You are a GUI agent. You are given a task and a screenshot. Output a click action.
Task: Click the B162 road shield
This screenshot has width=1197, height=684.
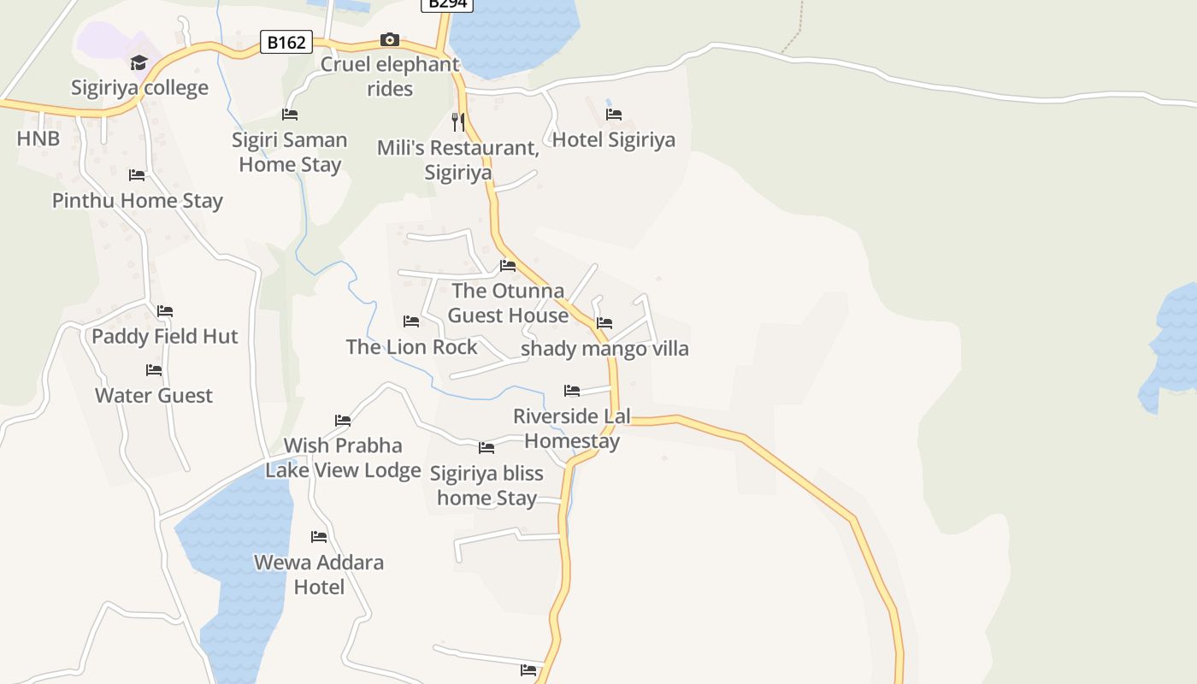tap(286, 42)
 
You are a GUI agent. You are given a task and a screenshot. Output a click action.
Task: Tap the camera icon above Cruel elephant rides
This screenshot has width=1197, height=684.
tap(390, 39)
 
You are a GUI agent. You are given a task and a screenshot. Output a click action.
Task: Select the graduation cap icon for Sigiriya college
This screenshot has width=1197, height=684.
tap(139, 62)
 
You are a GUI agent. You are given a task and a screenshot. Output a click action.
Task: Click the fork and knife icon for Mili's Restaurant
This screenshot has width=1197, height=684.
tap(458, 122)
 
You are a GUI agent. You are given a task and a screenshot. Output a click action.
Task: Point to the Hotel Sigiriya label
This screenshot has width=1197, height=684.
tap(614, 139)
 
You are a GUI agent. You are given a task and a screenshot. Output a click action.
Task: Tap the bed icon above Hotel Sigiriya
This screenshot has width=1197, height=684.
tap(614, 114)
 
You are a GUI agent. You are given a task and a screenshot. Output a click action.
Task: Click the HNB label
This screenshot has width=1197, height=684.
tap(38, 138)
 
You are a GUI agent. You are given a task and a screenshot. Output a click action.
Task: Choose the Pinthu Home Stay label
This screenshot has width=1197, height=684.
tap(138, 201)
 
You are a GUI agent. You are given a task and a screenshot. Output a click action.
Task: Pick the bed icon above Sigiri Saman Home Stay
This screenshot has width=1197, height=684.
tap(290, 114)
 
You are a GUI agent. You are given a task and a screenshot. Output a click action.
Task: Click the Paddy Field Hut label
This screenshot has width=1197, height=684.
tap(165, 336)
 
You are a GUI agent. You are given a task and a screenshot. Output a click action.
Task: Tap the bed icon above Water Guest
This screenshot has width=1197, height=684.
tap(154, 370)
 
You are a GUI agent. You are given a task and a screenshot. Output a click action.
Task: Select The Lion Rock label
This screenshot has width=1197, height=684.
tap(411, 347)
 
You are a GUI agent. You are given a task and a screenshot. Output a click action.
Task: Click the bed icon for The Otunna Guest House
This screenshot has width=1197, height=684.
tap(508, 265)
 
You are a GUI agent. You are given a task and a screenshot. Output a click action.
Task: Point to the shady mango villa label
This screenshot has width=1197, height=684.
tap(604, 349)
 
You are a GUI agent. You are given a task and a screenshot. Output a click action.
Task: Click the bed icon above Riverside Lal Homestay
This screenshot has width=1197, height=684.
tap(572, 391)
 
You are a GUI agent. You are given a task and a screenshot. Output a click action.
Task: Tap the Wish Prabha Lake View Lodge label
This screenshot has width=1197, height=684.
tap(343, 458)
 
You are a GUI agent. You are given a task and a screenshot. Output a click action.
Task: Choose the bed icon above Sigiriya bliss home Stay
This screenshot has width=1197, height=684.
tap(486, 447)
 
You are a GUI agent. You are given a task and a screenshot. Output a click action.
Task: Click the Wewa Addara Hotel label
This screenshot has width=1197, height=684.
tap(319, 575)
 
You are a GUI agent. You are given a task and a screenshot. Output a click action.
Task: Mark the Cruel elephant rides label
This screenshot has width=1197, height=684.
tap(390, 76)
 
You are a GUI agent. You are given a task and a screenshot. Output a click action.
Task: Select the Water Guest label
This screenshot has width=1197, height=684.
tap(154, 396)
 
